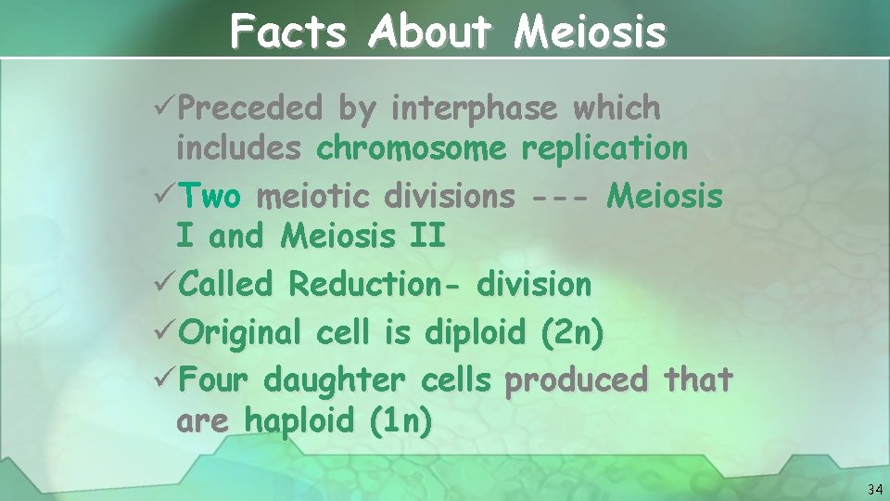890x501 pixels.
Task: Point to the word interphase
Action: click(x=474, y=109)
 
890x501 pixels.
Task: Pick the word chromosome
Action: click(x=412, y=148)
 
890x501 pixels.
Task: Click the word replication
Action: click(x=604, y=148)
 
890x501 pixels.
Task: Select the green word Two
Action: click(x=210, y=197)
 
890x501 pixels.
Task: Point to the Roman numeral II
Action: click(x=426, y=236)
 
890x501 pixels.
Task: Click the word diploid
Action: click(x=477, y=332)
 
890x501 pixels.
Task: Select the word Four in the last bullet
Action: click(x=214, y=380)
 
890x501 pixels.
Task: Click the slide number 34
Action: click(x=874, y=489)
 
